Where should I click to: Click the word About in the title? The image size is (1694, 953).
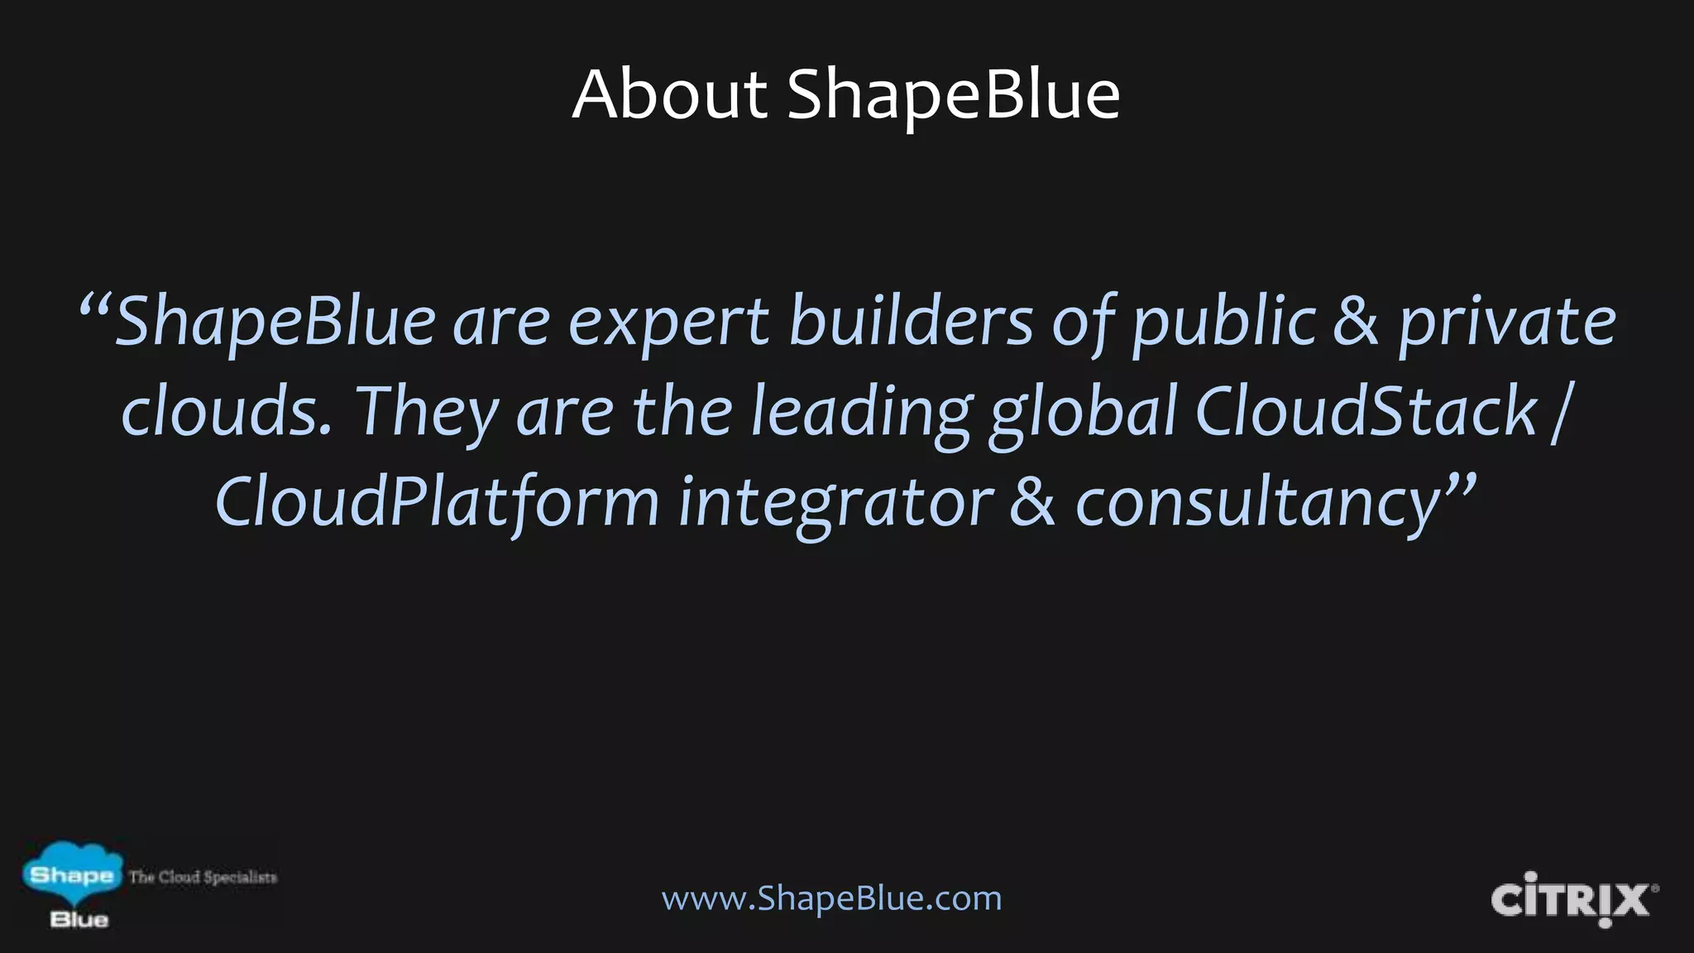coord(670,94)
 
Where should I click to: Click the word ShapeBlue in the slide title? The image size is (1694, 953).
coord(953,94)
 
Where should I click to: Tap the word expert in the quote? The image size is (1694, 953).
coord(669,323)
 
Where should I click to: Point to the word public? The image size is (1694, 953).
coord(1223,323)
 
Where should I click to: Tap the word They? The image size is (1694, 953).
coord(427,413)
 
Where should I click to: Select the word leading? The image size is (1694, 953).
coord(860,413)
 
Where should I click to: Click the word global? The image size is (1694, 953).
coord(1083,413)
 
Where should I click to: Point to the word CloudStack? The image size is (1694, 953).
coord(1365,411)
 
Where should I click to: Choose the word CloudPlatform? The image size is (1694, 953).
coord(437,503)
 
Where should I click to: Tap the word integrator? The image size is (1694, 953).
coord(835,503)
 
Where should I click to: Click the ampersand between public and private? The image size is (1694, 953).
coord(1356,323)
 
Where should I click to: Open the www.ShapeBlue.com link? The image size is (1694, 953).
coord(831,898)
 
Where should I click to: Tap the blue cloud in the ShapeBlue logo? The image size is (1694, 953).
coord(72,874)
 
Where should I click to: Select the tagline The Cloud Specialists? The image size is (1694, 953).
coord(203,877)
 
